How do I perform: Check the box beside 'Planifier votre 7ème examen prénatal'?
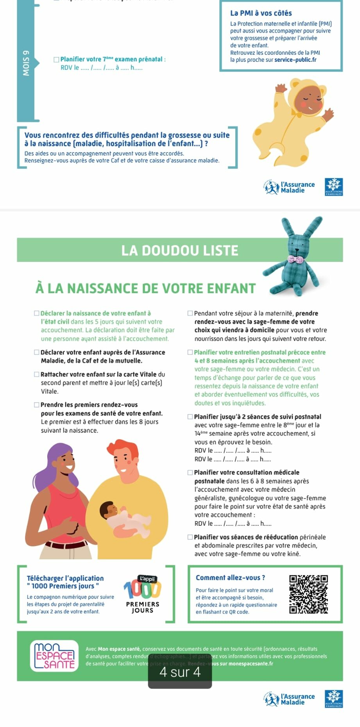coord(56,59)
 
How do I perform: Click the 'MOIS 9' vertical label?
coord(26,63)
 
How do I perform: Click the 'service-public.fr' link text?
coord(295,60)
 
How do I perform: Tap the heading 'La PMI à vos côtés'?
coord(261,13)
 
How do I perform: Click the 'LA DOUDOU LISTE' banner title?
coord(180,250)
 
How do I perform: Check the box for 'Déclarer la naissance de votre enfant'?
coord(37,313)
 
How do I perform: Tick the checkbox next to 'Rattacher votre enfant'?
coord(37,374)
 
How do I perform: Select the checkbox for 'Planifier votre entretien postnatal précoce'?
coord(190,352)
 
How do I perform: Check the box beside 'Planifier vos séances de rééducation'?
coord(190,537)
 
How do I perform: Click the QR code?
coord(308,594)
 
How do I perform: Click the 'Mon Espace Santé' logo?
coord(54,655)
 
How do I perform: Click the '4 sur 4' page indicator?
coord(180,672)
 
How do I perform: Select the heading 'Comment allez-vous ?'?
coord(230,577)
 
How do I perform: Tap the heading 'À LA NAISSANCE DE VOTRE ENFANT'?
coord(145,288)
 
